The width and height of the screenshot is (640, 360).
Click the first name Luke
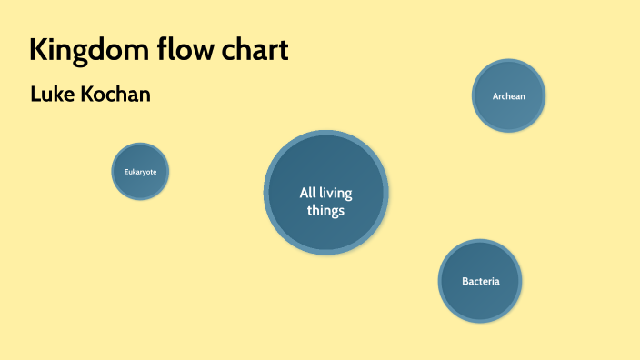[52, 95]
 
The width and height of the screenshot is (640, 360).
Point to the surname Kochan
[115, 95]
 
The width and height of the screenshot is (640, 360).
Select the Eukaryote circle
[140, 171]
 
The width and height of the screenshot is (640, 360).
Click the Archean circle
[508, 95]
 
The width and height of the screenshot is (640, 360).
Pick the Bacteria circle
[480, 281]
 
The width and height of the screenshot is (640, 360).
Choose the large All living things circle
[325, 193]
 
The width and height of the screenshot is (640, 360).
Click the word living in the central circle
[338, 193]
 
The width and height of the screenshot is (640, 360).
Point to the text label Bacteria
[480, 281]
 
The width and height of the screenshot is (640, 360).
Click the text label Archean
[508, 95]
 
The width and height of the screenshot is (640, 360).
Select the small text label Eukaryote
[140, 172]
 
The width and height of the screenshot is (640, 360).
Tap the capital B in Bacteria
[465, 281]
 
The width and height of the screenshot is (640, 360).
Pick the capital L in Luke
[35, 95]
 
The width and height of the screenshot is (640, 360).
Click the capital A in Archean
[495, 95]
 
